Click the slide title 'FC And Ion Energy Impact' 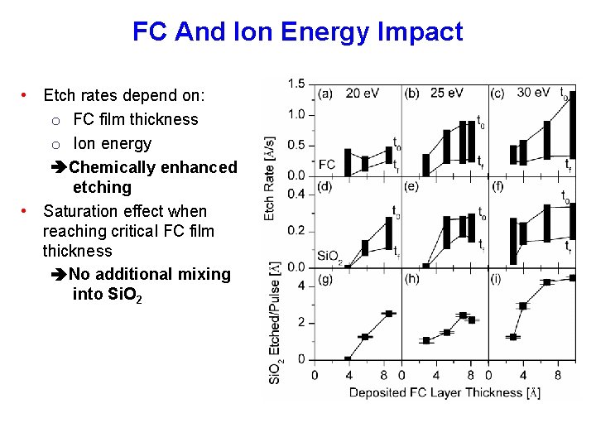pyautogui.click(x=297, y=32)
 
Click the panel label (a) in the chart pyautogui.click(x=325, y=94)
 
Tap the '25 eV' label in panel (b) pyautogui.click(x=447, y=94)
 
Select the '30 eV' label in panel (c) pyautogui.click(x=533, y=93)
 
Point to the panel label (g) pyautogui.click(x=325, y=280)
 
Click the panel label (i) pyautogui.click(x=497, y=280)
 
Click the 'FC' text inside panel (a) pyautogui.click(x=327, y=165)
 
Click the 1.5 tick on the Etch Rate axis pyautogui.click(x=296, y=84)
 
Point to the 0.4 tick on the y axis pyautogui.click(x=296, y=194)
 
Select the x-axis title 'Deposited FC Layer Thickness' pyautogui.click(x=444, y=392)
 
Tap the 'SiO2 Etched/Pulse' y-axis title pyautogui.click(x=275, y=323)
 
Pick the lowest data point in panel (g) pyautogui.click(x=348, y=358)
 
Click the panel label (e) pyautogui.click(x=411, y=186)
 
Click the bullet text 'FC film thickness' pyautogui.click(x=136, y=119)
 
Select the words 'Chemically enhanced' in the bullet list pyautogui.click(x=153, y=167)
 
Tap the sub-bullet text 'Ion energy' pyautogui.click(x=113, y=143)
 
